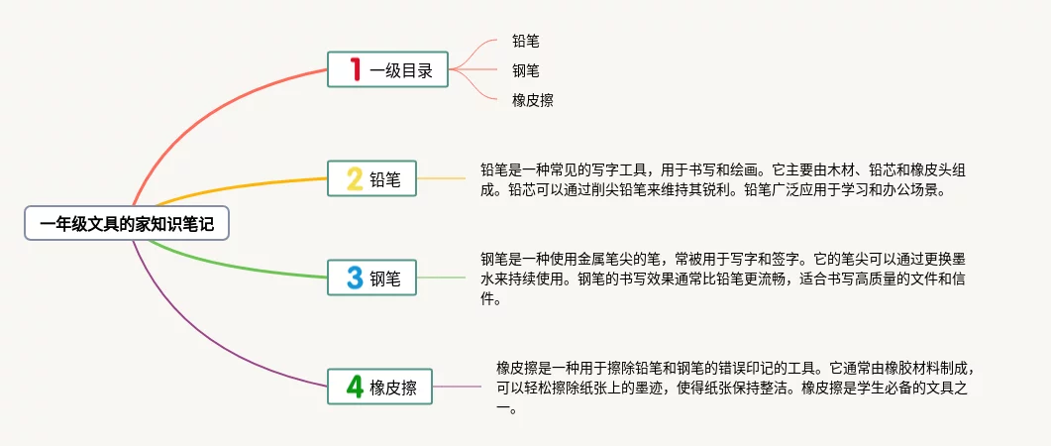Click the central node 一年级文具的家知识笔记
point(127,224)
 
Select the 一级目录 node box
point(387,69)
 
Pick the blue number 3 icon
point(354,278)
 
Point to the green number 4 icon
point(354,387)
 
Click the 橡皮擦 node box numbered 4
point(380,387)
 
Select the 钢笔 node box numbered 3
point(371,278)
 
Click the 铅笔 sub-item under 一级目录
point(526,41)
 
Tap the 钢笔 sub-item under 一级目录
point(526,70)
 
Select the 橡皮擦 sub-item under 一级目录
point(532,100)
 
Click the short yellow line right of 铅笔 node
point(441,178)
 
